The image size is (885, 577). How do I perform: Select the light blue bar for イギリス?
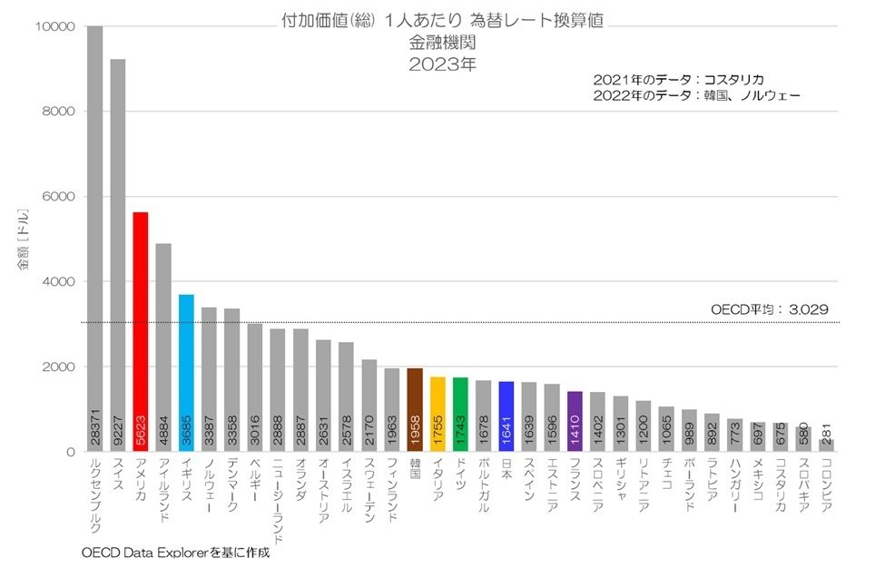click(185, 372)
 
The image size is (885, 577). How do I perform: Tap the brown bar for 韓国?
click(414, 409)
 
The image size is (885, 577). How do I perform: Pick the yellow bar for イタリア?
click(437, 414)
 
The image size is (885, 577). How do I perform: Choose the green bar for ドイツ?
click(460, 414)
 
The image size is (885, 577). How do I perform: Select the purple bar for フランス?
click(575, 421)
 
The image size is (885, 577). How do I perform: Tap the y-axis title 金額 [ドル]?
click(25, 239)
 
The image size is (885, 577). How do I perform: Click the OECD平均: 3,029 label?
click(769, 309)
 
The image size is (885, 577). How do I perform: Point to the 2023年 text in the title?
click(442, 64)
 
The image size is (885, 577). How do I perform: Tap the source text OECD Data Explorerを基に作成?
click(175, 551)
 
